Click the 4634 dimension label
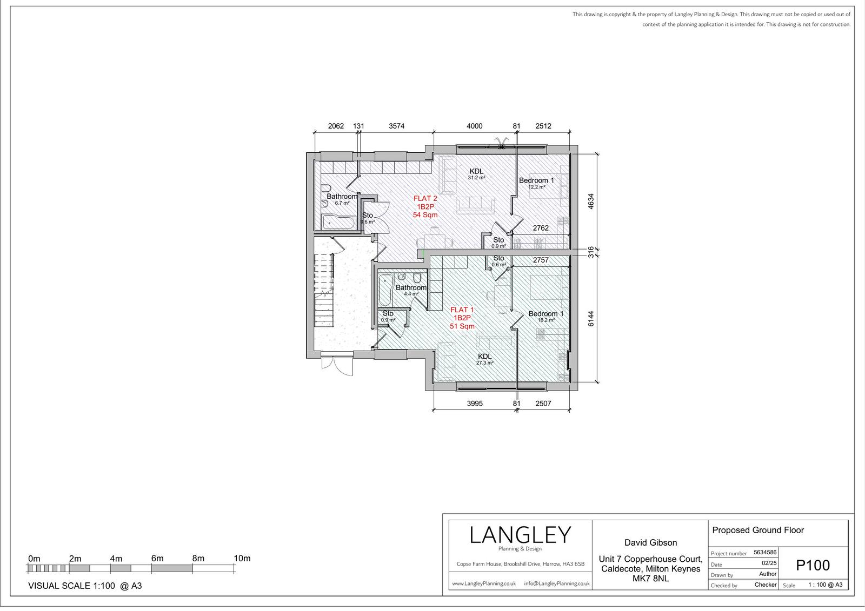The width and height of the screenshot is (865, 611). [590, 202]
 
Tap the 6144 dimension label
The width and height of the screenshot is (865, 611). [591, 319]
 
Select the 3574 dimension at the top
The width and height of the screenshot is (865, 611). [397, 126]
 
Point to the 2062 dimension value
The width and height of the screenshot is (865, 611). [336, 126]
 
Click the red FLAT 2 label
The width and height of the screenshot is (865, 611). [425, 198]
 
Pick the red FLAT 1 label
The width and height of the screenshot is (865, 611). [462, 310]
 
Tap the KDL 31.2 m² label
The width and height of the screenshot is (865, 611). [476, 174]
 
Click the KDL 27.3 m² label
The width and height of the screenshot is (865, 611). [484, 359]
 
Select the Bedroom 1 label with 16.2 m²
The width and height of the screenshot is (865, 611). [546, 317]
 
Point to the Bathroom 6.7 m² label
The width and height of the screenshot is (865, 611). [342, 199]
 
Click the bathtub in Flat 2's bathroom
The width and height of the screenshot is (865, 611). [338, 223]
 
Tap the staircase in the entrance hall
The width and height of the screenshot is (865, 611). [324, 290]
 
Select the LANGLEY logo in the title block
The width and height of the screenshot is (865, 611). [520, 535]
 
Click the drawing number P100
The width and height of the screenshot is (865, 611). [813, 566]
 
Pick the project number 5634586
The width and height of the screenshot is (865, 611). [765, 552]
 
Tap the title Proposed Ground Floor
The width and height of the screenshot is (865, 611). [757, 531]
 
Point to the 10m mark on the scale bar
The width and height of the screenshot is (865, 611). [242, 559]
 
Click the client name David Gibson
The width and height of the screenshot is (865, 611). [651, 543]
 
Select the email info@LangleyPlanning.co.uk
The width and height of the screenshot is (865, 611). [556, 583]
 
